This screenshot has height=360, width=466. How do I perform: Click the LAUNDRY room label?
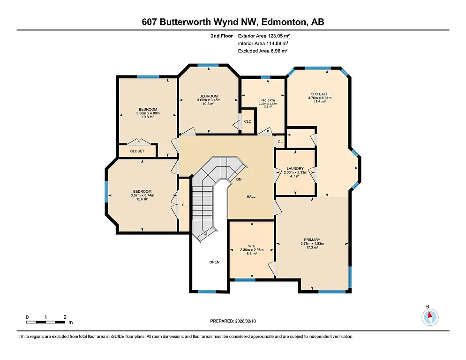click(295, 168)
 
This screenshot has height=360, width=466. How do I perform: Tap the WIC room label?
click(251, 246)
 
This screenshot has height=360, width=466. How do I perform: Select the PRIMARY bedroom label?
click(312, 240)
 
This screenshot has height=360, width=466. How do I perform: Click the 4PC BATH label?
click(269, 100)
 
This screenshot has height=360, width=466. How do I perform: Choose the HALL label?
click(251, 196)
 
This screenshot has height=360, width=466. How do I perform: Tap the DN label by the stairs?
click(239, 180)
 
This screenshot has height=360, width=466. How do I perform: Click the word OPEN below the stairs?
click(214, 262)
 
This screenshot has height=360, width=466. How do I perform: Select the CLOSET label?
click(137, 151)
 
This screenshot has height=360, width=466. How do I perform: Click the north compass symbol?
click(429, 317)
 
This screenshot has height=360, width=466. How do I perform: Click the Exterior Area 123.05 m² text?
click(267, 36)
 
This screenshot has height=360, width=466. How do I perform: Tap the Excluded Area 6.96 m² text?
click(263, 51)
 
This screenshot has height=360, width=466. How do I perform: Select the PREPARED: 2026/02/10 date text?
click(233, 321)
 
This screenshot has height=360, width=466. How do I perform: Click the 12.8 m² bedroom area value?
click(142, 199)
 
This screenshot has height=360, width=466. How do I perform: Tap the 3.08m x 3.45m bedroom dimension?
click(209, 100)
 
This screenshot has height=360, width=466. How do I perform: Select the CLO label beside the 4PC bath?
click(248, 121)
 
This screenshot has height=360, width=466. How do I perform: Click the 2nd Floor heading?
click(222, 36)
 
